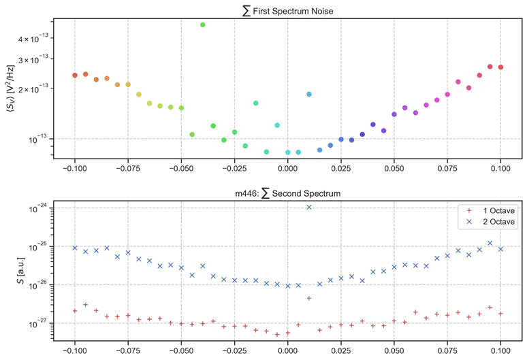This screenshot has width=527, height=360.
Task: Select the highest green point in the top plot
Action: pyautogui.click(x=203, y=24)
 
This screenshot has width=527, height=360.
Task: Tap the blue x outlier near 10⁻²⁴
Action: pyautogui.click(x=309, y=208)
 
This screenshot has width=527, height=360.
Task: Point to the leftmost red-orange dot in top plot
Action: pyautogui.click(x=75, y=75)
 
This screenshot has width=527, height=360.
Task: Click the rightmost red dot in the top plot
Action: pyautogui.click(x=500, y=67)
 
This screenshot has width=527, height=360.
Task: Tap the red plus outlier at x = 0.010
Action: pyautogui.click(x=309, y=298)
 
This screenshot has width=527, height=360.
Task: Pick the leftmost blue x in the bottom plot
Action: pyautogui.click(x=75, y=248)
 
